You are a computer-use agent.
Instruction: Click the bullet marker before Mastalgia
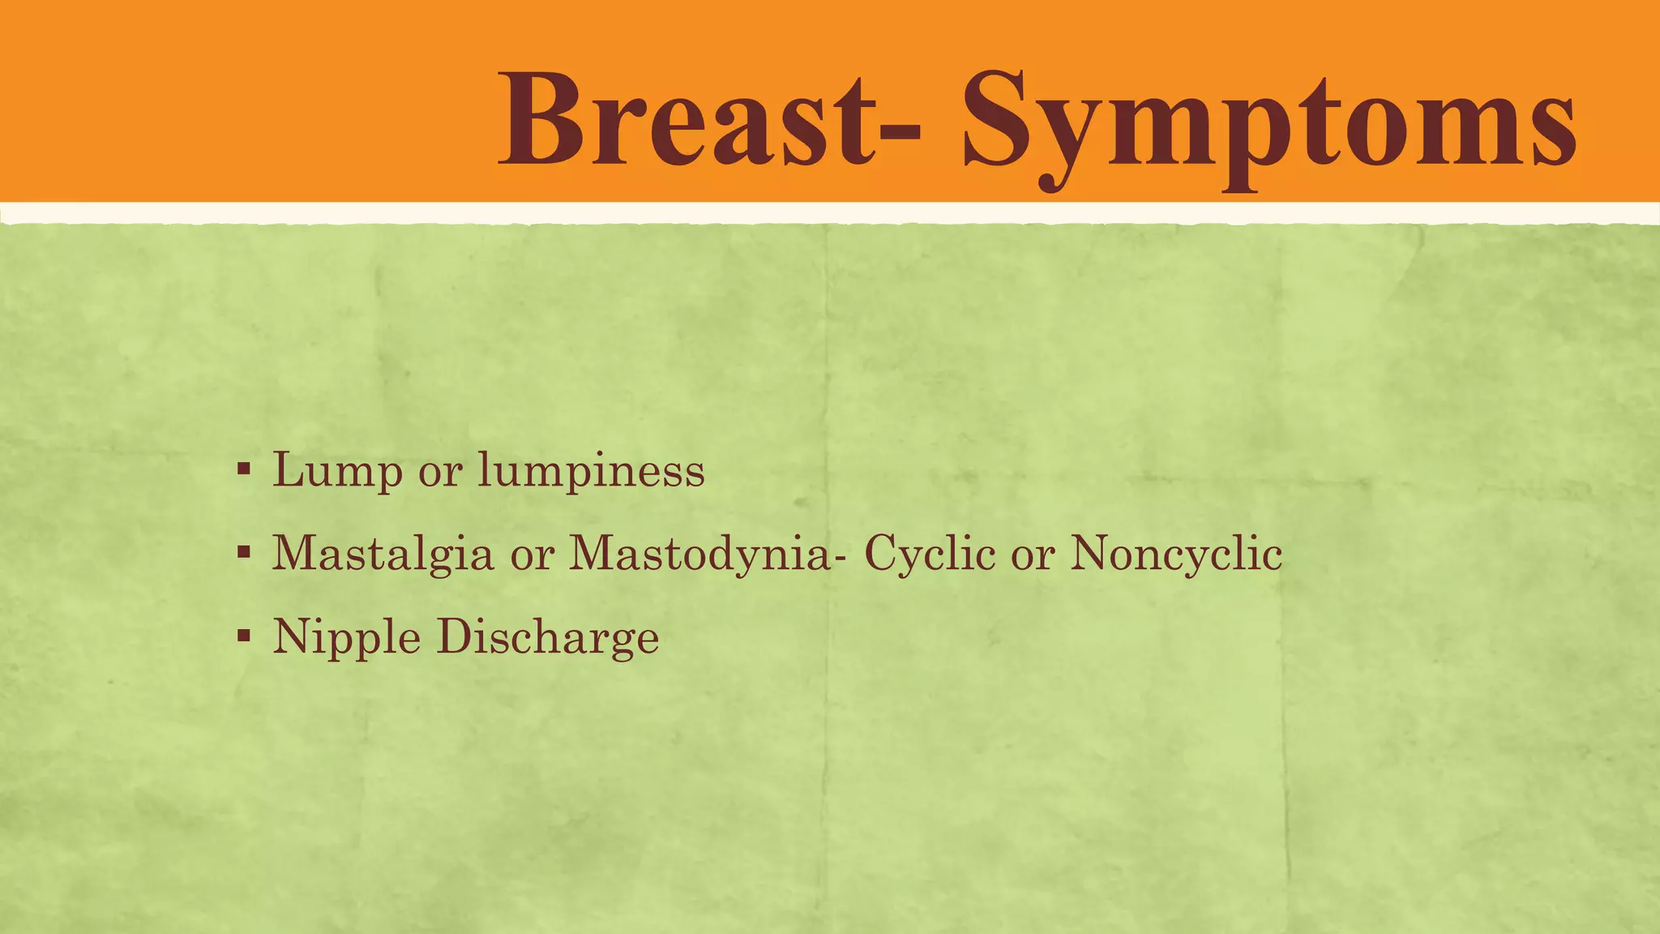click(243, 553)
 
